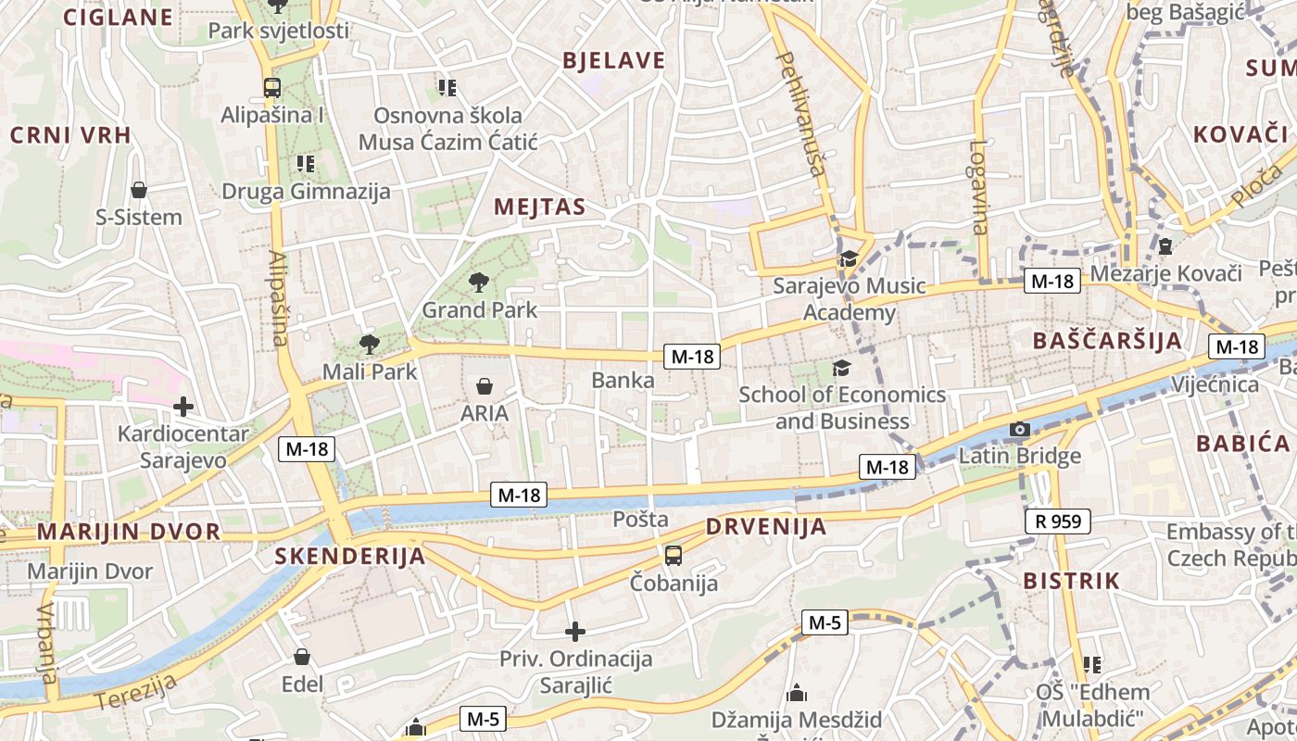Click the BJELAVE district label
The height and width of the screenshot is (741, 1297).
click(614, 61)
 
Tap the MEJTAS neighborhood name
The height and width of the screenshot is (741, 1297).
click(540, 207)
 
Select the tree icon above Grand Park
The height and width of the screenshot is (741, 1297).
click(479, 282)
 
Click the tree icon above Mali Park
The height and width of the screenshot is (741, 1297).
click(369, 345)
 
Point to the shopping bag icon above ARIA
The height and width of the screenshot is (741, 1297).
click(484, 385)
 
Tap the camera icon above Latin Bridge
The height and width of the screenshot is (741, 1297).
click(1019, 429)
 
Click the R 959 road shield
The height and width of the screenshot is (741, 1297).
click(1058, 521)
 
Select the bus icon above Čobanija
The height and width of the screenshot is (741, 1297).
click(674, 556)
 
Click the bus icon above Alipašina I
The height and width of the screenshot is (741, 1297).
click(271, 88)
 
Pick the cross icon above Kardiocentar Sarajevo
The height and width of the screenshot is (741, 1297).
click(183, 406)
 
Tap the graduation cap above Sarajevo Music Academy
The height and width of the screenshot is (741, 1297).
click(849, 258)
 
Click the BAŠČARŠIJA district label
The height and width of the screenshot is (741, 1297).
click(1108, 340)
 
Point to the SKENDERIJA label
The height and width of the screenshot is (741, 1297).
click(350, 557)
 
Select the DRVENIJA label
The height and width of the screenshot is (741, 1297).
click(765, 527)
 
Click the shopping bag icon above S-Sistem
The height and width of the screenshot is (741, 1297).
click(139, 190)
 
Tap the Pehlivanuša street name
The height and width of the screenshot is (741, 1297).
click(801, 113)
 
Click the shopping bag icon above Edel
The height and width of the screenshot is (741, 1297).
click(302, 657)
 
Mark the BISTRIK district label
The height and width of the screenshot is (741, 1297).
click(1071, 582)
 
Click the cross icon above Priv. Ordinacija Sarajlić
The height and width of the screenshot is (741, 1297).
click(575, 632)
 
